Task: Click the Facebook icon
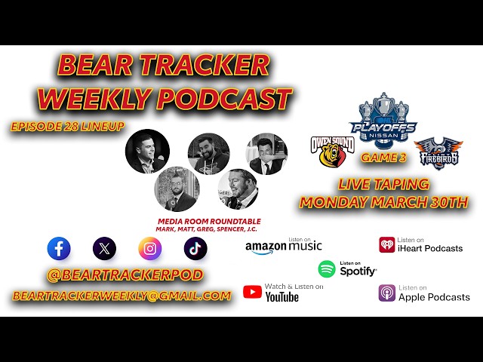click(59, 248)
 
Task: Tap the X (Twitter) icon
click(104, 248)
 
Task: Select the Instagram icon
click(149, 248)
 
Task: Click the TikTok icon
click(195, 248)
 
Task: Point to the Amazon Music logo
click(284, 246)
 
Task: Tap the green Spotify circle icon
click(327, 268)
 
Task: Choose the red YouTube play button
click(252, 292)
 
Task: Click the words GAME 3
click(382, 158)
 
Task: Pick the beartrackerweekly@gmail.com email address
click(122, 296)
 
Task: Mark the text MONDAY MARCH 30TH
click(384, 202)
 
